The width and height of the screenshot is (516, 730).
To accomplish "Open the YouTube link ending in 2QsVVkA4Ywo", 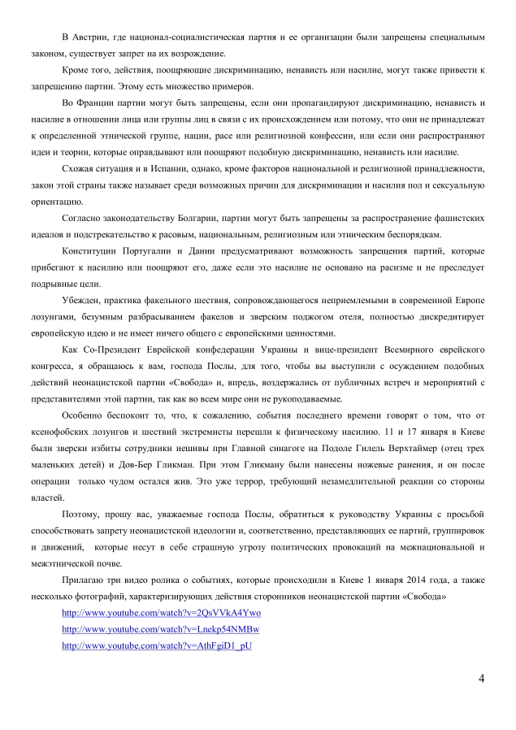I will click(161, 612).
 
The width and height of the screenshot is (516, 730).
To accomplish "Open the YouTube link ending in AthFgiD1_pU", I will click(157, 645).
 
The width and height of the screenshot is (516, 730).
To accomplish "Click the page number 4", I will click(481, 677).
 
